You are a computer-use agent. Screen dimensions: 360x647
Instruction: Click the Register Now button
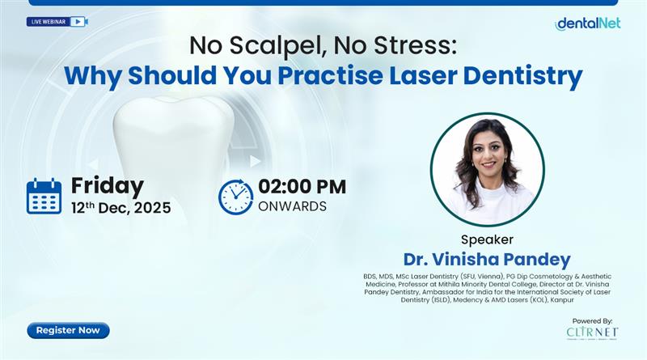tap(68, 330)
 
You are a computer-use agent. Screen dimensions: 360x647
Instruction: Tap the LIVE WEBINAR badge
tap(57, 21)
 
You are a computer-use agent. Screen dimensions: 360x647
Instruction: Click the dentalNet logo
tap(587, 23)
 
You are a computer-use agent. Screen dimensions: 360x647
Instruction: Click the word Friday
tap(107, 185)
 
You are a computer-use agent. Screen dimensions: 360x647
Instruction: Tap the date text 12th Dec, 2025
tap(121, 208)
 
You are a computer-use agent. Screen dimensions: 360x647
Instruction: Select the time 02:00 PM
tap(302, 186)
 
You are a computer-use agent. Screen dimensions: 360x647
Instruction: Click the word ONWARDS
tap(292, 206)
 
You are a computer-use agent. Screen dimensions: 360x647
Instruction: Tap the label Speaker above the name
tap(487, 239)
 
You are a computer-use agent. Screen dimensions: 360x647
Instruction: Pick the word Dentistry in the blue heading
tap(524, 77)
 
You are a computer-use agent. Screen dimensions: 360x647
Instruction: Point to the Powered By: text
tap(593, 320)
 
